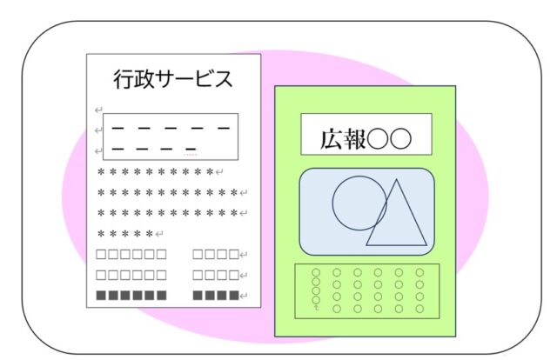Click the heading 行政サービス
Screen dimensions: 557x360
click(173, 79)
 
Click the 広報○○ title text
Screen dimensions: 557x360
click(366, 139)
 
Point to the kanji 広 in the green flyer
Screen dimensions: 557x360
click(332, 139)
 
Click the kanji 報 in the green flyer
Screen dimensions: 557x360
click(354, 139)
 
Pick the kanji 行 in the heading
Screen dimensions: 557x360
click(124, 79)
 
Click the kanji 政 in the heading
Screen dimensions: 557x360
click(145, 79)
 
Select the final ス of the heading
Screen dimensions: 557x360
click(223, 79)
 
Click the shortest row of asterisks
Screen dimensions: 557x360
click(125, 234)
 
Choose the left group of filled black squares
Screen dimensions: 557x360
click(131, 296)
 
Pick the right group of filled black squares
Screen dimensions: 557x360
click(216, 296)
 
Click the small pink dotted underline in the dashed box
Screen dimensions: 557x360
click(190, 155)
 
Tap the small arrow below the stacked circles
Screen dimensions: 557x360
click(316, 308)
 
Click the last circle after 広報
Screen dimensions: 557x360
click(400, 139)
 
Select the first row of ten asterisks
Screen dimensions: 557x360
click(156, 172)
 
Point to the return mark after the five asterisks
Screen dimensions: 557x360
click(159, 234)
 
